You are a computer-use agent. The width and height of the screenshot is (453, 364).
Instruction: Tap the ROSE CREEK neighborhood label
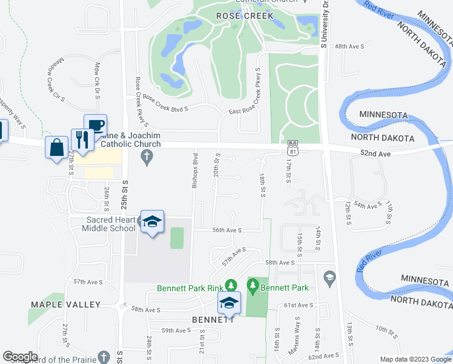[245, 15]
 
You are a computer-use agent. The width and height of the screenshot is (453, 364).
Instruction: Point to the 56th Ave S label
[227, 231]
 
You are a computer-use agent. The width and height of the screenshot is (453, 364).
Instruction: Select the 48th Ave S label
[349, 46]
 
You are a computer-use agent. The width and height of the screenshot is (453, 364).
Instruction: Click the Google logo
[21, 356]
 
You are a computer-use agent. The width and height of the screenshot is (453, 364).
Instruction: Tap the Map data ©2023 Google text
[415, 359]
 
